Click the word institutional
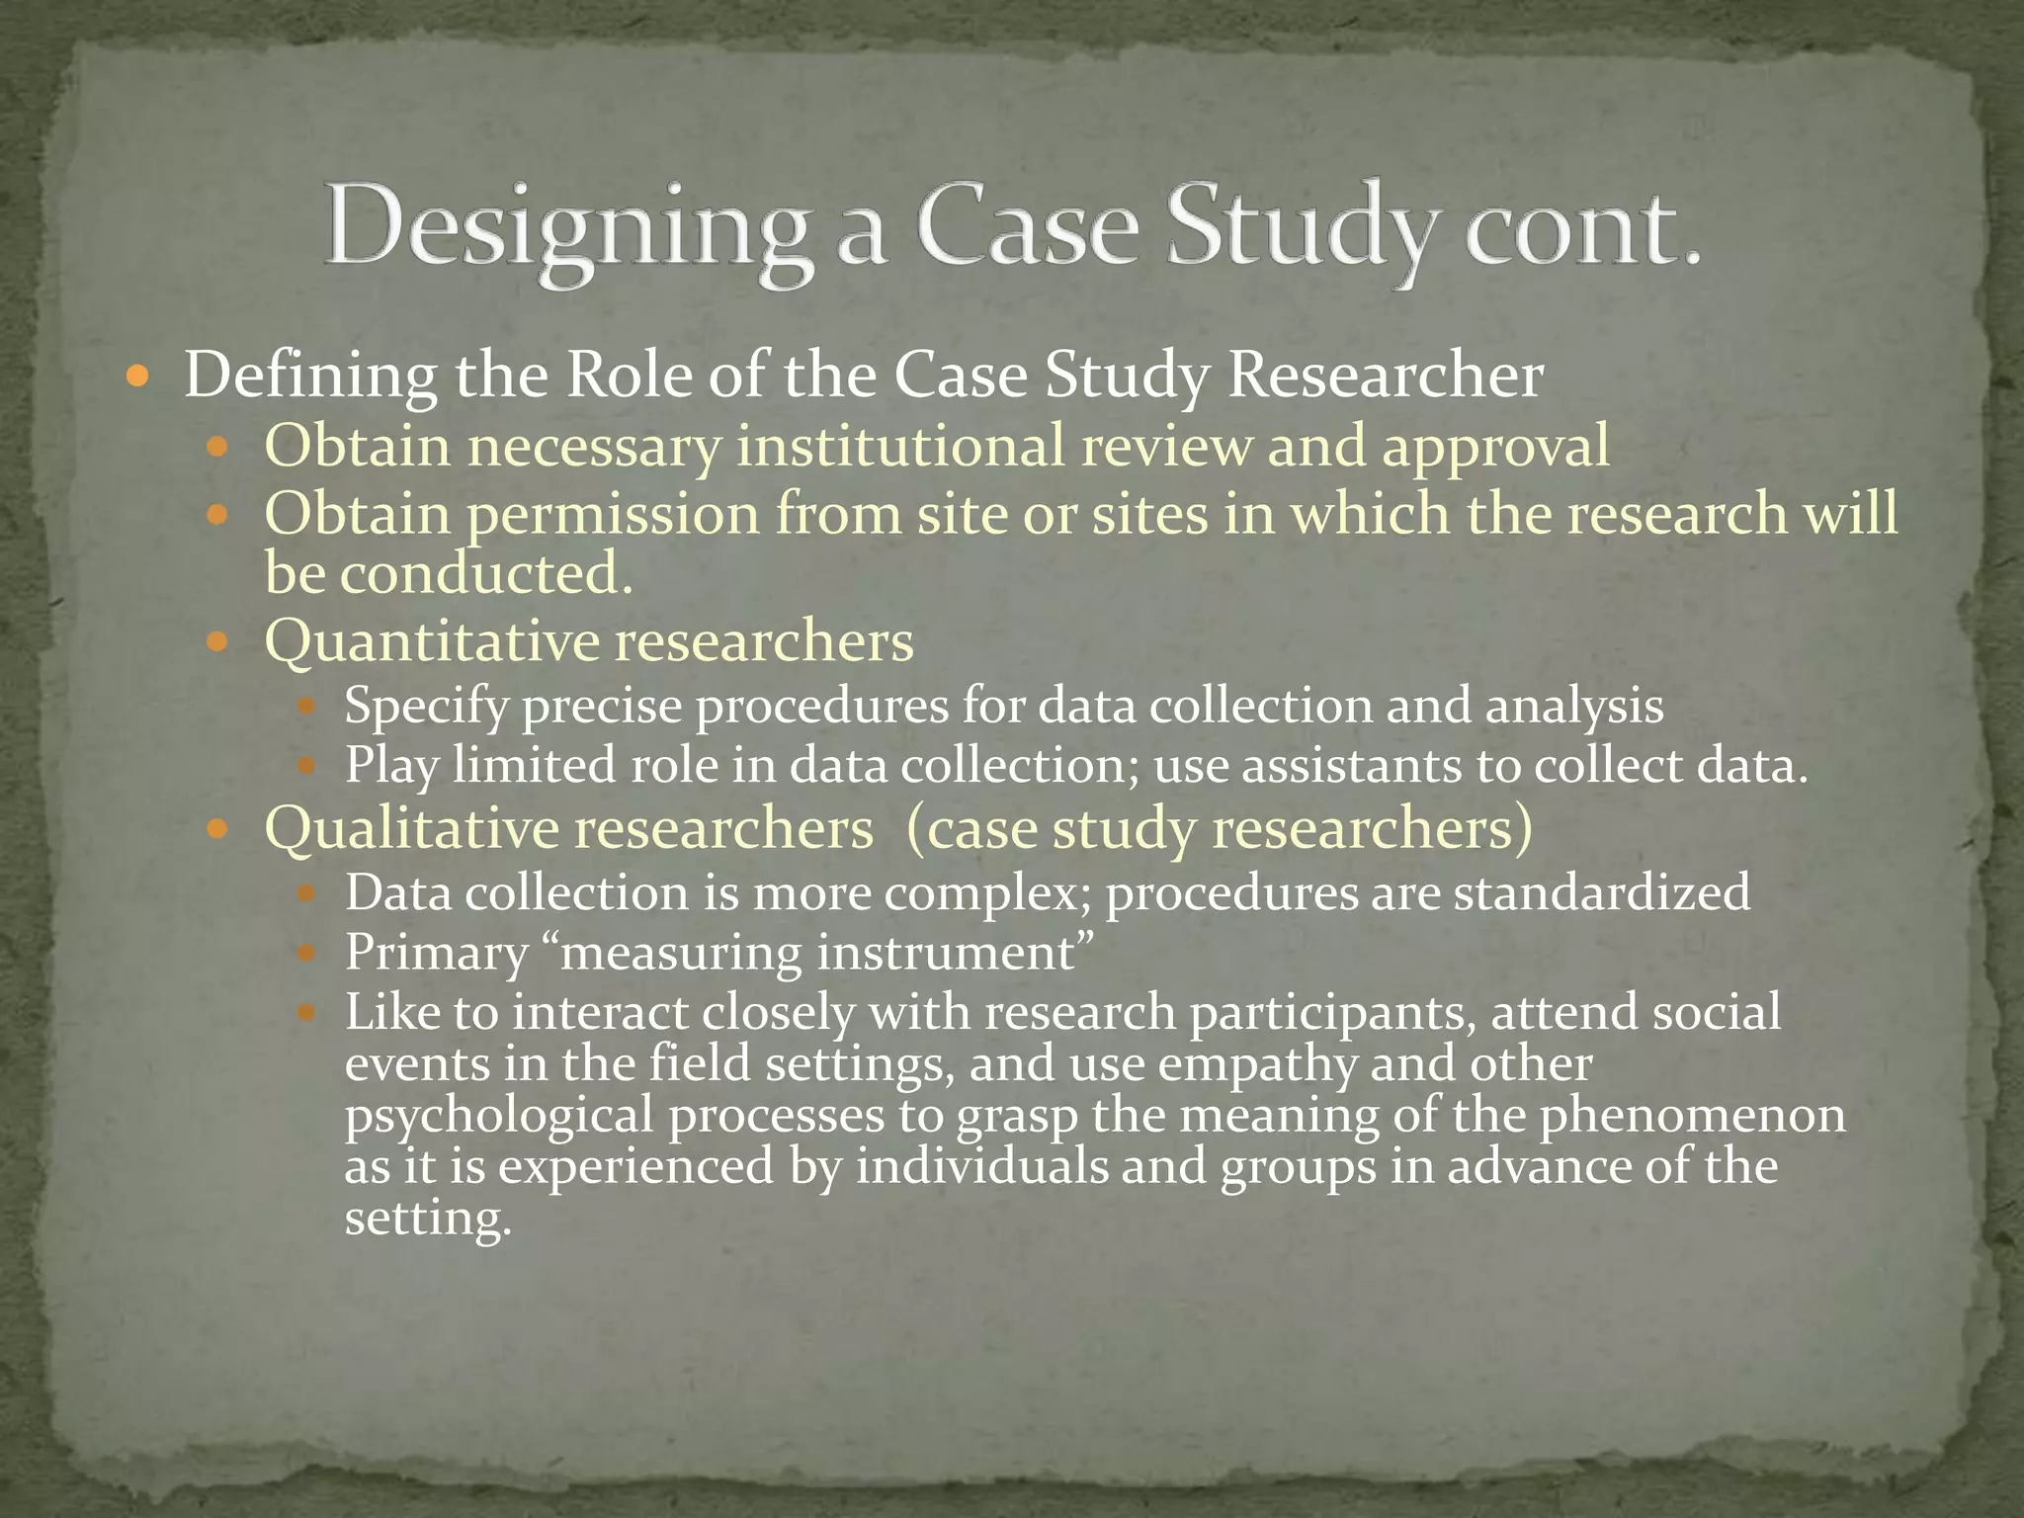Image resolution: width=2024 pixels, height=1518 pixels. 900,446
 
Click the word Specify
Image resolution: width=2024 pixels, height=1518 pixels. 426,708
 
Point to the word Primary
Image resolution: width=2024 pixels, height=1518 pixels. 436,955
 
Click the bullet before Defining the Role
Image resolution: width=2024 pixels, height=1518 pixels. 137,377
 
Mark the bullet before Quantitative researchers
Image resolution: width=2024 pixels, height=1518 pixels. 217,642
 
